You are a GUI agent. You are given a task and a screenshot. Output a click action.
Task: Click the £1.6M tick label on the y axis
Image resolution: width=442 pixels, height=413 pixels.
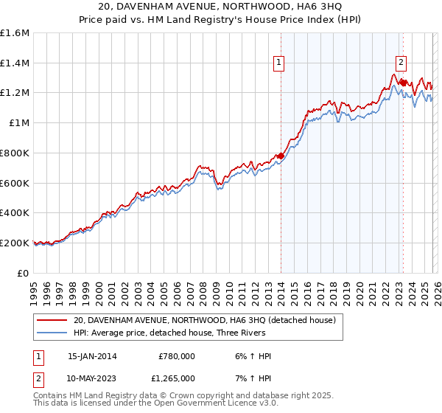(15, 33)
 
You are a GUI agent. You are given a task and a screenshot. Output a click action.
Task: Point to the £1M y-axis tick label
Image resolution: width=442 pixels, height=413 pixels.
(19, 123)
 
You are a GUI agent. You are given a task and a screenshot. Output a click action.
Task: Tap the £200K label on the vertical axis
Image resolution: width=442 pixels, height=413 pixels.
(15, 243)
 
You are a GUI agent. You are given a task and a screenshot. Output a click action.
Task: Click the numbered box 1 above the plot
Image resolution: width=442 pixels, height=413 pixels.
(280, 64)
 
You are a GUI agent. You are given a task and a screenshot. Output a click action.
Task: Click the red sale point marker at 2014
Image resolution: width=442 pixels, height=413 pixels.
(281, 156)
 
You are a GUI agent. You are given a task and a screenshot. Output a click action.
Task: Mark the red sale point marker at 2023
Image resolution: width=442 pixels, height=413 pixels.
(402, 83)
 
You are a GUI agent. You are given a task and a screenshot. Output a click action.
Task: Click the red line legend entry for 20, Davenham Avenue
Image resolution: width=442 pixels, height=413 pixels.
(204, 320)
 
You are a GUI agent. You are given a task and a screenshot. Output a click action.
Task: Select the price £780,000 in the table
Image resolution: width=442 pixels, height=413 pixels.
(177, 356)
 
